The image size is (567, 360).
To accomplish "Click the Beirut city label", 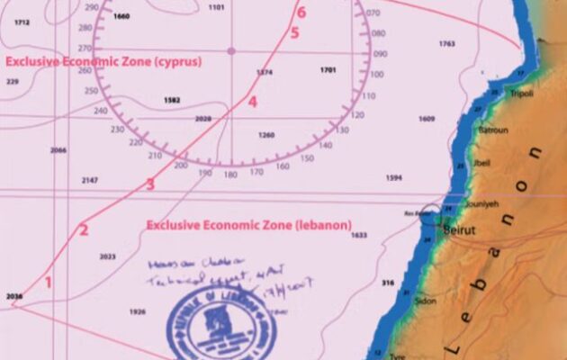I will click(x=458, y=230).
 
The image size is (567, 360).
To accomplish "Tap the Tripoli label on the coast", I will click(x=522, y=93).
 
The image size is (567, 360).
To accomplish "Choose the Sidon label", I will click(x=425, y=301).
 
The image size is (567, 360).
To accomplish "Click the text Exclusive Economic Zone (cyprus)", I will click(x=103, y=61).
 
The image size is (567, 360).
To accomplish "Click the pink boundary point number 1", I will click(x=49, y=282).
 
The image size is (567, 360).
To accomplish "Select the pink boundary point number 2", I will click(x=84, y=230).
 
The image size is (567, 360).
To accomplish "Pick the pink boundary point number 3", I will click(x=151, y=184).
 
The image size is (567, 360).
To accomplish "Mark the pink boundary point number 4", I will click(x=253, y=103).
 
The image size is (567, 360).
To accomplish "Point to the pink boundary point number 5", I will click(x=294, y=34).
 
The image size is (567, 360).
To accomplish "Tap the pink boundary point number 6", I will click(x=301, y=13).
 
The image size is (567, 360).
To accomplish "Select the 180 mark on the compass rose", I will click(x=230, y=173).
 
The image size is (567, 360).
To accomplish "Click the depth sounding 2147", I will click(x=90, y=181).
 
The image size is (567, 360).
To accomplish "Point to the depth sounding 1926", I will click(x=138, y=311).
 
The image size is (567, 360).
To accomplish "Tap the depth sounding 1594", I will click(x=393, y=178).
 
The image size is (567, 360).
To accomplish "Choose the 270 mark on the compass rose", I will click(x=85, y=49).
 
